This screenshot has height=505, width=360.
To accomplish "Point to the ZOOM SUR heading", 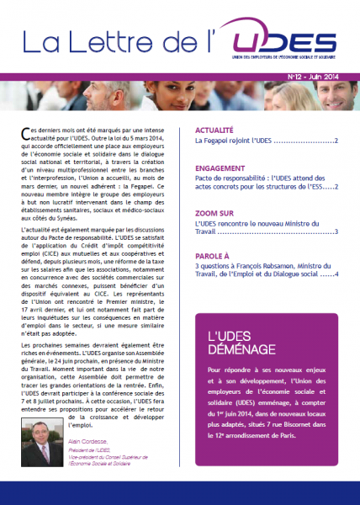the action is pos(216,213).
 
